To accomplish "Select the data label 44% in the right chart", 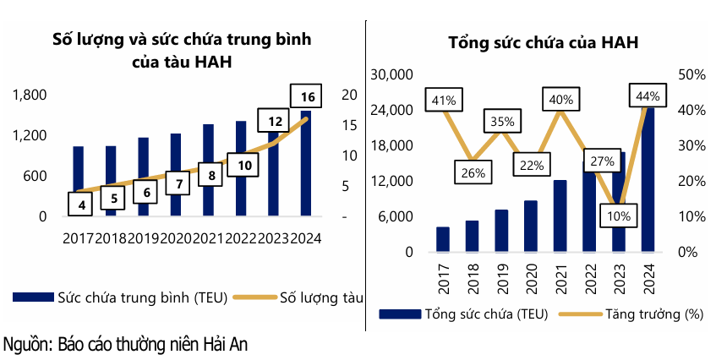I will pos(646,96).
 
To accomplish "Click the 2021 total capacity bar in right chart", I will pos(560,216).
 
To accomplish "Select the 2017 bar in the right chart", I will pos(443,239).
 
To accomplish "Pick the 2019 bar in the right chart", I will pos(501,231).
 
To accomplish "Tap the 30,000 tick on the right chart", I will pos(391,75).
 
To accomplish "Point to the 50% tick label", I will pos(691,75).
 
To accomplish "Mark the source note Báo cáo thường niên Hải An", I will pos(126,344).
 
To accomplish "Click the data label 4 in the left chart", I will pos(80,204).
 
